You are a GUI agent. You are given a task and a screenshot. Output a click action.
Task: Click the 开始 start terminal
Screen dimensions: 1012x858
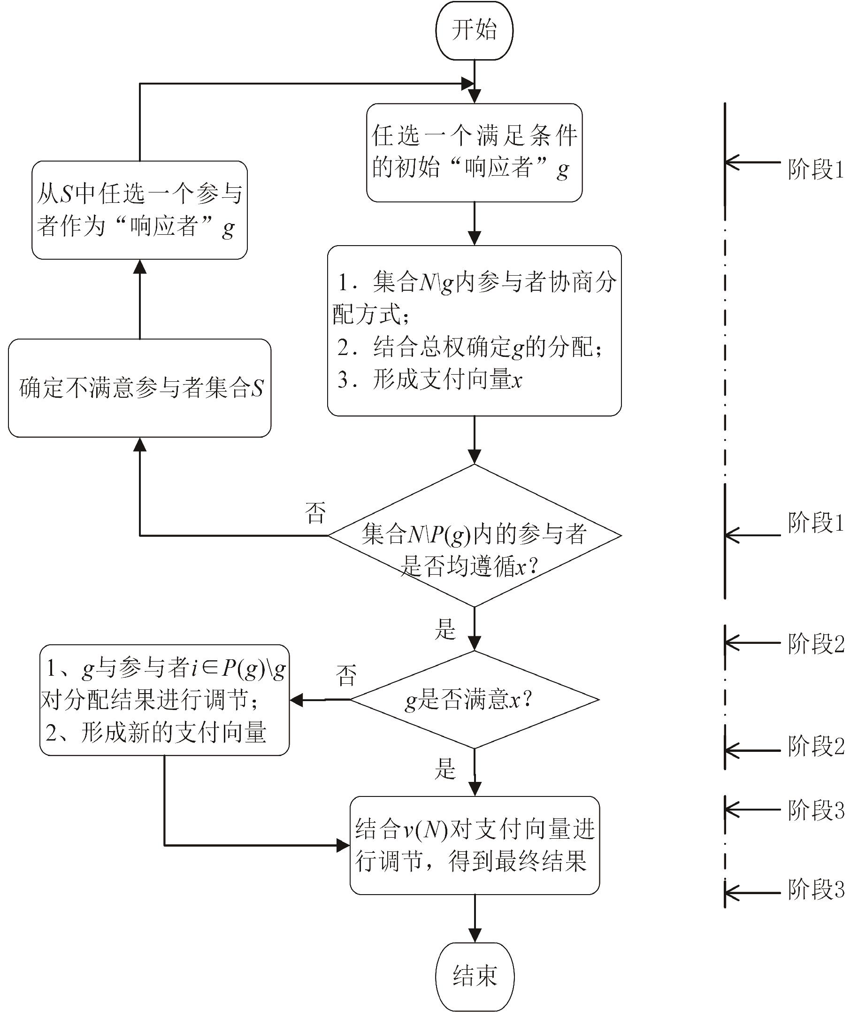click(x=474, y=30)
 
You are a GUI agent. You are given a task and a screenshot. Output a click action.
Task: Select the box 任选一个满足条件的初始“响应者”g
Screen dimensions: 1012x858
click(x=474, y=152)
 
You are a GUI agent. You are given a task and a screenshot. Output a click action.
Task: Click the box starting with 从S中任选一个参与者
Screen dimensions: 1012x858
click(x=139, y=210)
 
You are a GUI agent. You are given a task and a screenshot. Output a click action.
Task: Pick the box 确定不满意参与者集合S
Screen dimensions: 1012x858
click(x=139, y=388)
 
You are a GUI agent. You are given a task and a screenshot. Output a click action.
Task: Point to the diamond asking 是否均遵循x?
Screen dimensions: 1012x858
click(x=474, y=536)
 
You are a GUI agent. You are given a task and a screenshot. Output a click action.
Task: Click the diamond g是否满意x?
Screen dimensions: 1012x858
click(x=474, y=700)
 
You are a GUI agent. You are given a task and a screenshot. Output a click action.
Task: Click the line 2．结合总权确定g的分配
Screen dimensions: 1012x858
click(x=469, y=347)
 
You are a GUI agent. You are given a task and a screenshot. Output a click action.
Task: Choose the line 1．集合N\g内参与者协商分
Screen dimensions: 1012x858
click(x=477, y=282)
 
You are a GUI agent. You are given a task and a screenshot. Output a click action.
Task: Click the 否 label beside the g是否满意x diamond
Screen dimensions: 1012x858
click(x=346, y=675)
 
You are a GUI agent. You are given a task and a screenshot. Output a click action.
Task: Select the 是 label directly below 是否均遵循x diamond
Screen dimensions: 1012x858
click(x=445, y=629)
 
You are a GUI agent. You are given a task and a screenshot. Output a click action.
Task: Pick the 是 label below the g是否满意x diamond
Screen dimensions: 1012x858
click(x=445, y=769)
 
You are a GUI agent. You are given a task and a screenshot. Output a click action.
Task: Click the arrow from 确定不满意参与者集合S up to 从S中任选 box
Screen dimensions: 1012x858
click(x=139, y=299)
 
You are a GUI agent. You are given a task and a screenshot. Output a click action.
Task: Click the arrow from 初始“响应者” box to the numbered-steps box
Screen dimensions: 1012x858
click(x=474, y=224)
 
